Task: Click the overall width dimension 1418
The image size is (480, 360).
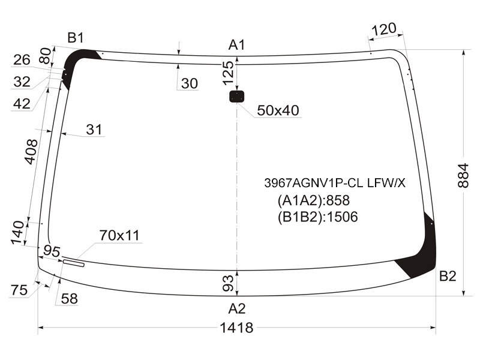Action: coord(236,328)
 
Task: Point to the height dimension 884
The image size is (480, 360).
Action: coord(463,175)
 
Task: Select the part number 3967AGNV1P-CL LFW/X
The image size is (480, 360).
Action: coord(335,183)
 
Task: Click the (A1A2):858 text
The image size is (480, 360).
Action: coord(313,200)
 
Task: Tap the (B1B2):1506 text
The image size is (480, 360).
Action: coord(318,217)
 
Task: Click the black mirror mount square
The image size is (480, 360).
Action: coord(236,97)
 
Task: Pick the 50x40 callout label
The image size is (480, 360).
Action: coord(278,110)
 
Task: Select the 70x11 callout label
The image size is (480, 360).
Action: coord(119,235)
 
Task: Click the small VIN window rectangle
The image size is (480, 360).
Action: coord(73,263)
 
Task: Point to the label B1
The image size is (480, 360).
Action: coord(76,38)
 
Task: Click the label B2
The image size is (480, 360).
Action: coord(448,276)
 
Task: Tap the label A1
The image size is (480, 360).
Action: coord(236,45)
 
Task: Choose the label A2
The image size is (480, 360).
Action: coord(236,308)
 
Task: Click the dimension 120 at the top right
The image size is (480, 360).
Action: coord(384,29)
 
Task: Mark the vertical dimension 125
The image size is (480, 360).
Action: coord(228,73)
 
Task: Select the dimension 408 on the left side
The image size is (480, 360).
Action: coord(31,152)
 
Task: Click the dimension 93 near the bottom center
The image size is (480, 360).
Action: coord(229,283)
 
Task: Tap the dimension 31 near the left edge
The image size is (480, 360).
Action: coord(94,130)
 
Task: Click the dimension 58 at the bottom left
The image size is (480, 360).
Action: coord(69,299)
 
